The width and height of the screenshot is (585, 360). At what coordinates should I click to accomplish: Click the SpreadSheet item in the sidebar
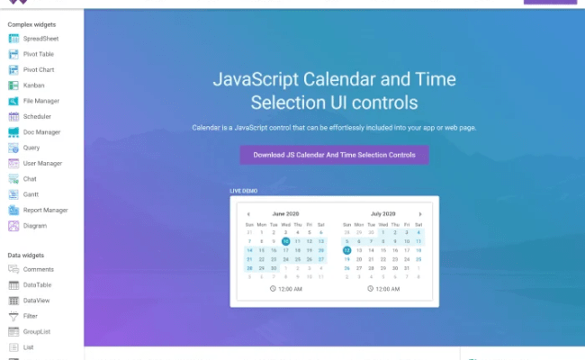point(40,39)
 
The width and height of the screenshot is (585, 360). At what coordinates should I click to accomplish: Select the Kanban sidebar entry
point(33,85)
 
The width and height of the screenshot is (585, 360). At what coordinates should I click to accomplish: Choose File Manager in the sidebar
point(40,101)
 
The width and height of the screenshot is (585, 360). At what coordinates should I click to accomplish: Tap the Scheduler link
point(37,116)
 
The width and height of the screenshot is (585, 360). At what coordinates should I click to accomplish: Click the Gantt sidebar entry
point(31,194)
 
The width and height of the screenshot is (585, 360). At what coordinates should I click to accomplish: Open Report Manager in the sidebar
point(45,210)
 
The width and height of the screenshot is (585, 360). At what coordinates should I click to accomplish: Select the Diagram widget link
point(34,225)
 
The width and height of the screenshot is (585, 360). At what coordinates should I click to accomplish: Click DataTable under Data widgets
point(38,284)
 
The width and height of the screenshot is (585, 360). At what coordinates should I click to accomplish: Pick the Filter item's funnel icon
point(14,316)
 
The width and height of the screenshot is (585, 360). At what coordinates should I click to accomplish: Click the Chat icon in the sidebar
point(14,179)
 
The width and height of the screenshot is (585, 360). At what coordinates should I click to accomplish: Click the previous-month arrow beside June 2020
point(249,214)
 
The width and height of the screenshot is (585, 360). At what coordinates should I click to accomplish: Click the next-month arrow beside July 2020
point(419,214)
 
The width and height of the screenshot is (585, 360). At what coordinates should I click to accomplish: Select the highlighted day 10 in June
point(285,241)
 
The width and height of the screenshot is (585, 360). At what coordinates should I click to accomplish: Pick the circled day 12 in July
point(346,250)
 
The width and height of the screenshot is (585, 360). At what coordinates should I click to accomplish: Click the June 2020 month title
point(286,214)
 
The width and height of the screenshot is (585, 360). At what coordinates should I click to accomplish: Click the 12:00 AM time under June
point(290,290)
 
